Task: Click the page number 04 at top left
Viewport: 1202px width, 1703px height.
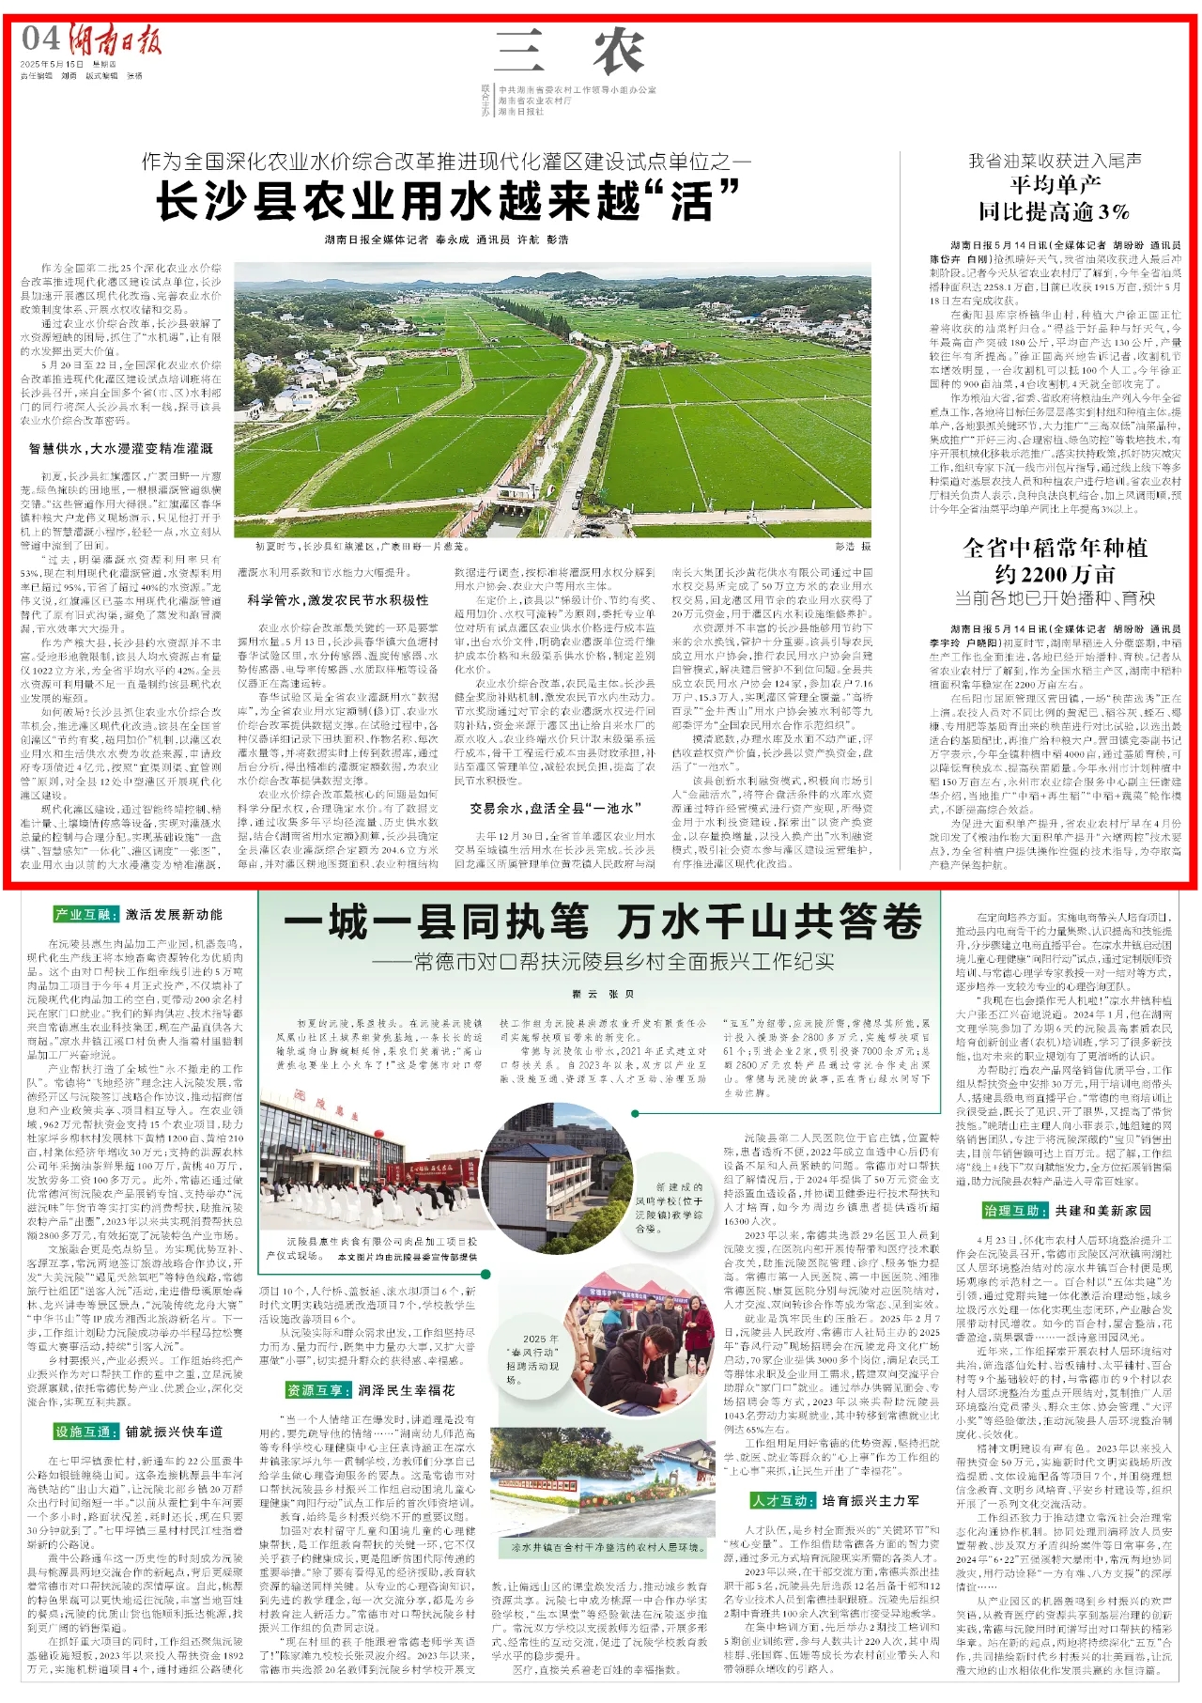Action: [41, 39]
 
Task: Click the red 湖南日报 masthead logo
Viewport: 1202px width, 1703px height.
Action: [114, 39]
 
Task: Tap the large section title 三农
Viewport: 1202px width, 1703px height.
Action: [570, 52]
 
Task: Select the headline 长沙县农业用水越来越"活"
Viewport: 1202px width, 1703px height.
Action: [448, 200]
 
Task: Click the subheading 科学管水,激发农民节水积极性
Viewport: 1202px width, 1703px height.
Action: [338, 599]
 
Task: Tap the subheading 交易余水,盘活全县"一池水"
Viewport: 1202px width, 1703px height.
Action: [556, 808]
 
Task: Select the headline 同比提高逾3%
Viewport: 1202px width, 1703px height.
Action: [1054, 210]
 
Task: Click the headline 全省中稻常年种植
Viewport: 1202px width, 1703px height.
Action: [1055, 548]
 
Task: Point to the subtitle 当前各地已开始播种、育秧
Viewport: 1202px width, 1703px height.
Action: [1055, 597]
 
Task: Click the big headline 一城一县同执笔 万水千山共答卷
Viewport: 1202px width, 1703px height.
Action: [603, 921]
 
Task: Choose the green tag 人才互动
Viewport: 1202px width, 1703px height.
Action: [781, 1500]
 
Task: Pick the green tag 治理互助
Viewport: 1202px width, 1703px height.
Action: [1013, 1211]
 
